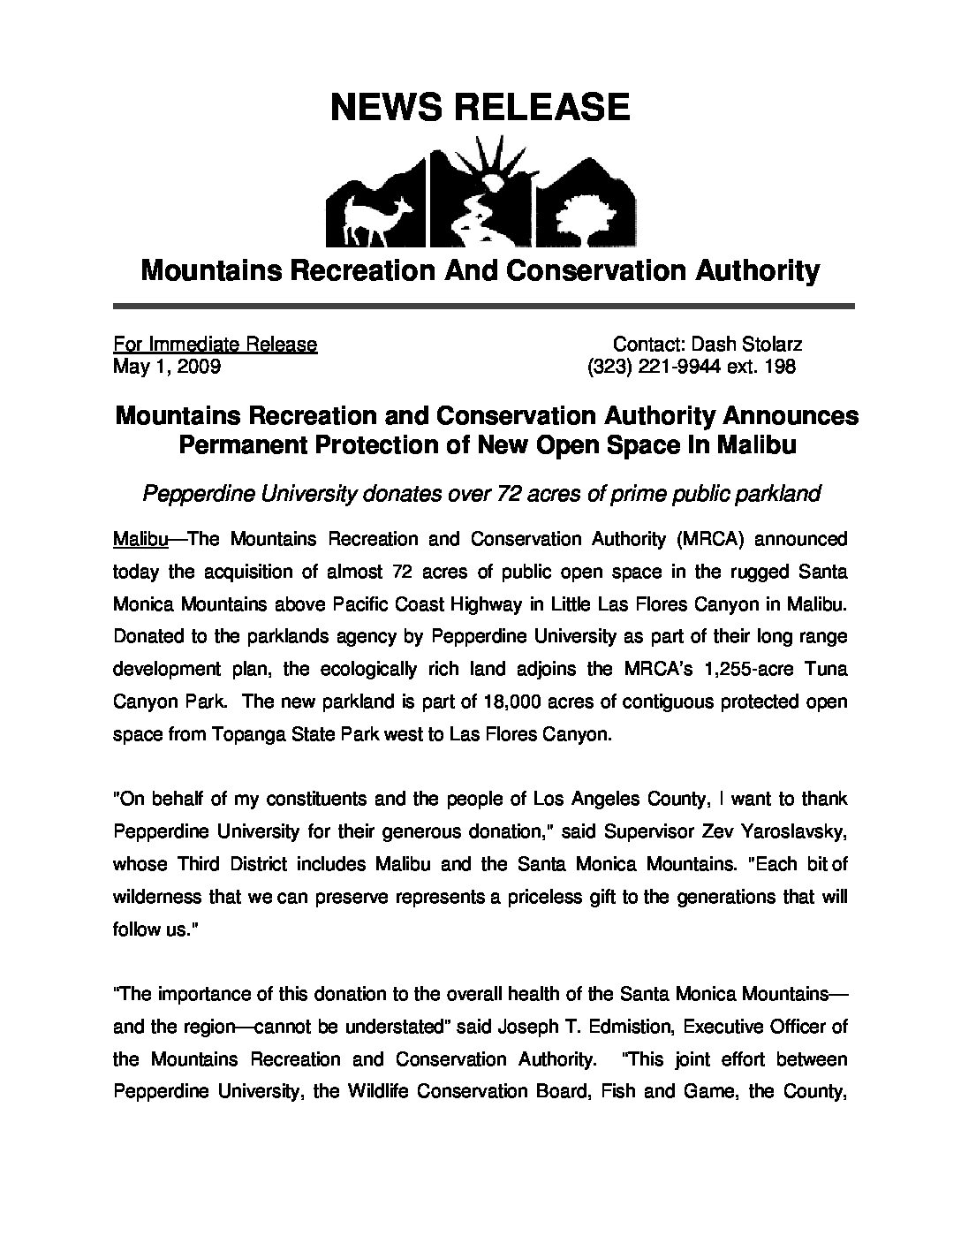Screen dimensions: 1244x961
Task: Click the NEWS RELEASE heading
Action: pyautogui.click(x=480, y=107)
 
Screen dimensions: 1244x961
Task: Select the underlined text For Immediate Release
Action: pyautogui.click(x=215, y=345)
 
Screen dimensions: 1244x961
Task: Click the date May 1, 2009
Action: pyautogui.click(x=167, y=366)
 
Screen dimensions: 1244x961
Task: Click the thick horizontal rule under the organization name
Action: pyautogui.click(x=483, y=307)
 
